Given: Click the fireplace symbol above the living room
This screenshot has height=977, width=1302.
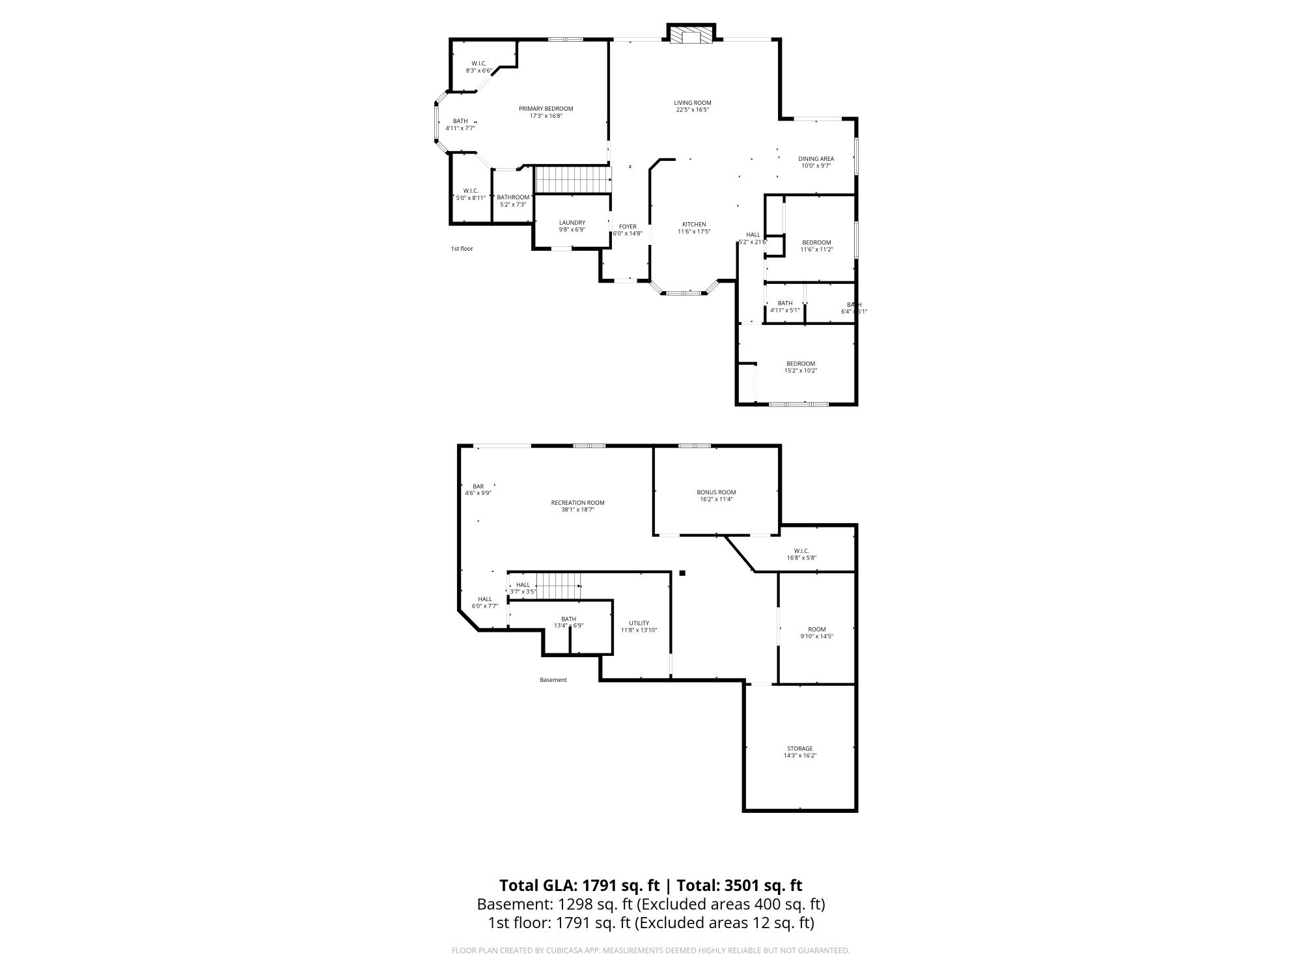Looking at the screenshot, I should pos(691,35).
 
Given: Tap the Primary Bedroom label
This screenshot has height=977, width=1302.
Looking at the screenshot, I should pos(546,109).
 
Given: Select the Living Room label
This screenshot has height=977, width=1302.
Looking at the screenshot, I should pos(692,103).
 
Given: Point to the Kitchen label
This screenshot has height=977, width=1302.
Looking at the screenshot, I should pos(693,225).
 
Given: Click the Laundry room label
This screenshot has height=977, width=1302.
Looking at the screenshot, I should pos(572,223).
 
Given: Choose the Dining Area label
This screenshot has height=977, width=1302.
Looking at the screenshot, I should pos(816,159).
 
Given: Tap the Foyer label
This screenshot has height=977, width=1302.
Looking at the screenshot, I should pos(628,227).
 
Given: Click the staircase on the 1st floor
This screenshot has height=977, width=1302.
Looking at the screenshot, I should pos(573,179).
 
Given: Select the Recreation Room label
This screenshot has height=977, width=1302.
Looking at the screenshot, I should pos(577,503).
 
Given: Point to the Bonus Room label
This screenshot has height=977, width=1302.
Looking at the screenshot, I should pos(716,492).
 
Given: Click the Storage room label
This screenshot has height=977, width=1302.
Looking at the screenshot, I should pos(799,748).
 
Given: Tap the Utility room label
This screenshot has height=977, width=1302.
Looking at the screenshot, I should pos(639,623).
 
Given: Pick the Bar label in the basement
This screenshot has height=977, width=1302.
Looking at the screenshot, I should pos(478,487).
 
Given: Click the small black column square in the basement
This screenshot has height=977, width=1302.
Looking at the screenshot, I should pos(682,573).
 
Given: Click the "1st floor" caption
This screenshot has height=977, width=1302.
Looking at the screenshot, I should pos(462,249).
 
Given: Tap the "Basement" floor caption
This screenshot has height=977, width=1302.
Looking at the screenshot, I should pos(553,680).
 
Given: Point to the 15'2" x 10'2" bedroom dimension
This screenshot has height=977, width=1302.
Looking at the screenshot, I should pos(800,371).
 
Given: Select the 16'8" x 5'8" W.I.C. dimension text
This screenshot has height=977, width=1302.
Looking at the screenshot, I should pos(801,558).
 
